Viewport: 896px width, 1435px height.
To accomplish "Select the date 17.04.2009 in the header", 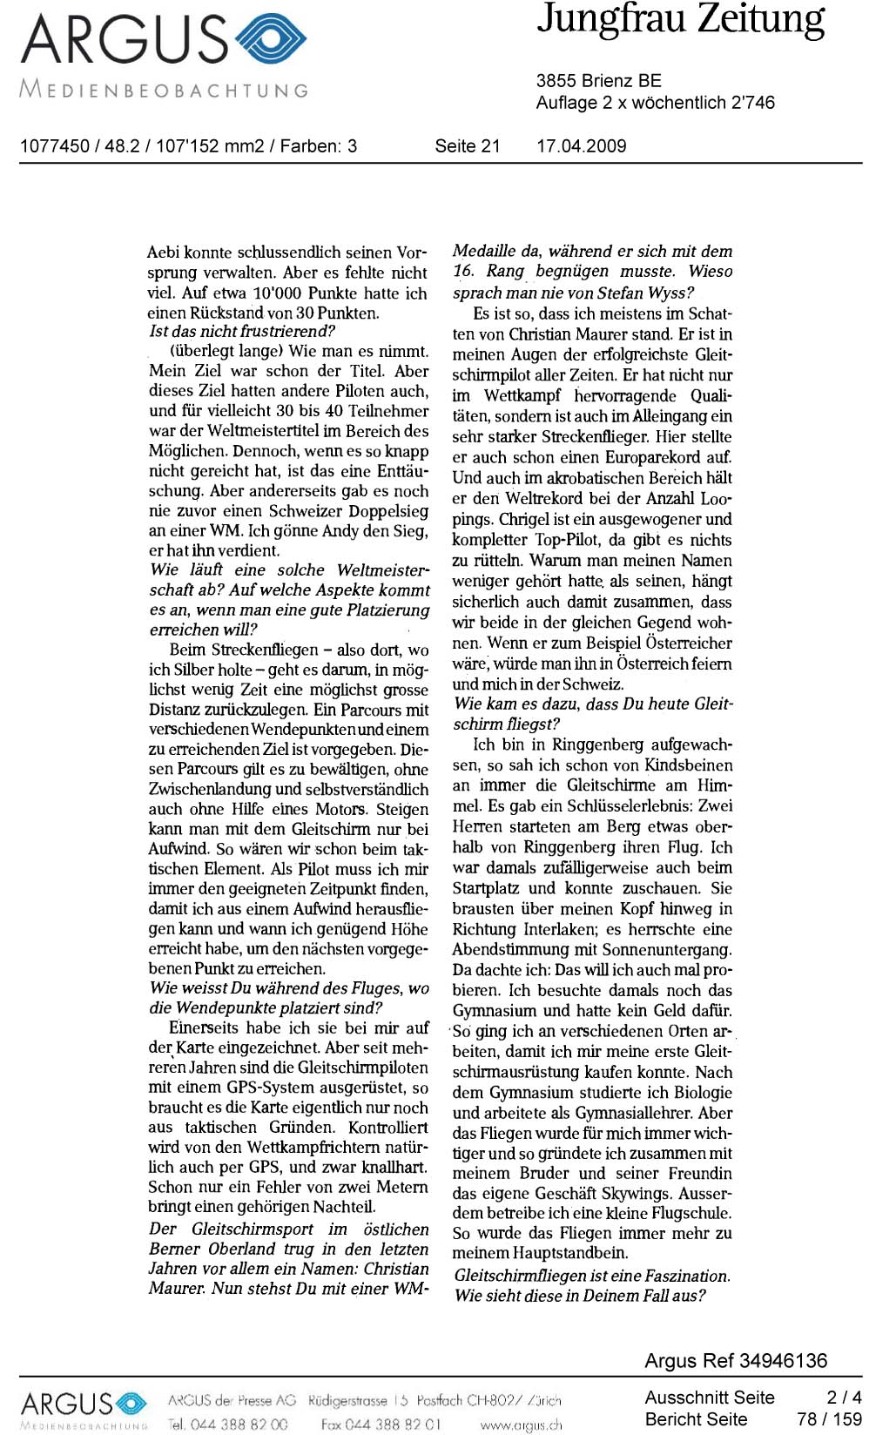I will point(581,146).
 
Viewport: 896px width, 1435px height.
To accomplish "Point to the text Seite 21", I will point(468,146).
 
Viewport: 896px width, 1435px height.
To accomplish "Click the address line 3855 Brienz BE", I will point(598,81).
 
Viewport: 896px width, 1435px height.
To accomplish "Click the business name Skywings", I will point(651,1194).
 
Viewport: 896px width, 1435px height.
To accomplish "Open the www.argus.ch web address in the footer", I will point(520,1425).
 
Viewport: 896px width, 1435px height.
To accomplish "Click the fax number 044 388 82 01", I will point(396,1425).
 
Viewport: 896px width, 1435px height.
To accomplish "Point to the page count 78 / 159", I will point(828,1419).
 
